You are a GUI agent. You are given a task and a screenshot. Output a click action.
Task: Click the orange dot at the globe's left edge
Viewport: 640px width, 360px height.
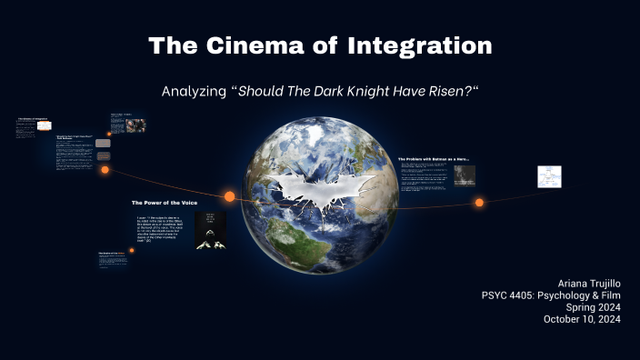tap(229, 196)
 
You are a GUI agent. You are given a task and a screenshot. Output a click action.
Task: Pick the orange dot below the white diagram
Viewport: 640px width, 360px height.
tap(479, 203)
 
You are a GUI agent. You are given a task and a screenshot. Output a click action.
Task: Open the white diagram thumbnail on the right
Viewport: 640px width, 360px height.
tap(549, 176)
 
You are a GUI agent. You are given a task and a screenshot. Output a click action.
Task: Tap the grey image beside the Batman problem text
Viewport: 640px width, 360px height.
tap(465, 175)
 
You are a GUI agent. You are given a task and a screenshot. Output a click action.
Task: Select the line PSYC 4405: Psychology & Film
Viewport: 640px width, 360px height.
tap(551, 295)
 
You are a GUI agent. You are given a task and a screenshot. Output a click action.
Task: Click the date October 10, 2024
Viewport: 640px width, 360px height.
tap(582, 319)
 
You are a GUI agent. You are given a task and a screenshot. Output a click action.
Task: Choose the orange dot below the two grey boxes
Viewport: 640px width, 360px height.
tap(105, 170)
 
